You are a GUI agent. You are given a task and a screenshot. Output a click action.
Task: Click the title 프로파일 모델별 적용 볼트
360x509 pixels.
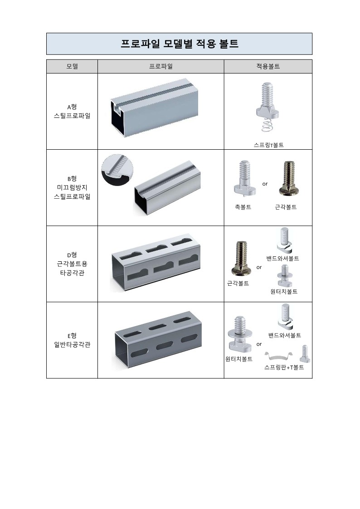pos(180,44)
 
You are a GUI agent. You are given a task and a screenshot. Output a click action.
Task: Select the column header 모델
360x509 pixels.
pos(72,66)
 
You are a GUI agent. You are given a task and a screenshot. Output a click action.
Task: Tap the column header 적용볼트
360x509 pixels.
pos(268,66)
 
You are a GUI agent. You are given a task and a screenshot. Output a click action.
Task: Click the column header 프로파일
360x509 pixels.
pos(161,66)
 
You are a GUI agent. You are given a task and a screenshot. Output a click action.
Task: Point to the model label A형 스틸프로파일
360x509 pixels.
pos(72,111)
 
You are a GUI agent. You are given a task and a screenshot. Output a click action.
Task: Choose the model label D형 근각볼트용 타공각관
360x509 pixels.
pos(72,264)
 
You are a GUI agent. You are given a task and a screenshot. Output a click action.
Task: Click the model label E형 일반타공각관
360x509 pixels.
pos(72,340)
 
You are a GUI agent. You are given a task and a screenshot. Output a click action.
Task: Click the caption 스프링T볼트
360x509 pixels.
pos(268,145)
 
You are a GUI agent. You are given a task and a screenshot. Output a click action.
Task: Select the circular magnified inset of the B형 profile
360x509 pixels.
pos(117,170)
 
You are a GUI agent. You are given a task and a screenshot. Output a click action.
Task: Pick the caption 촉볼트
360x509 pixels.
pos(243,207)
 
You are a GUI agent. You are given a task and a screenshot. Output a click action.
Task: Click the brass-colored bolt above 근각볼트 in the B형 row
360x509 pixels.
pos(287,178)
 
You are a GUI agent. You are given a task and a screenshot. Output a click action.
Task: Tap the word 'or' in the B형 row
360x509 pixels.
pos(265,184)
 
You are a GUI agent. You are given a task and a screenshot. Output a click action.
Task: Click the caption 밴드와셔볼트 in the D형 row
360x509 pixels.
pos(282,259)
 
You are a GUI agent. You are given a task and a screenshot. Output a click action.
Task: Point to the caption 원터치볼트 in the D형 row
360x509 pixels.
pos(284,292)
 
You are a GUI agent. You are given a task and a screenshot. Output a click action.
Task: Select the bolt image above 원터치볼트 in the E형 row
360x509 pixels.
pos(240,334)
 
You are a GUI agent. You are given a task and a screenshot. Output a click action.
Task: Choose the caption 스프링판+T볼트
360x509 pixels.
pos(284,367)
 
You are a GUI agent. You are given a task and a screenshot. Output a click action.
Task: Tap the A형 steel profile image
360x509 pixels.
pos(155,108)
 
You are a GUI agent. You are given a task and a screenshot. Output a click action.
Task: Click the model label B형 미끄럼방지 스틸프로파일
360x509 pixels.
pos(72,188)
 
